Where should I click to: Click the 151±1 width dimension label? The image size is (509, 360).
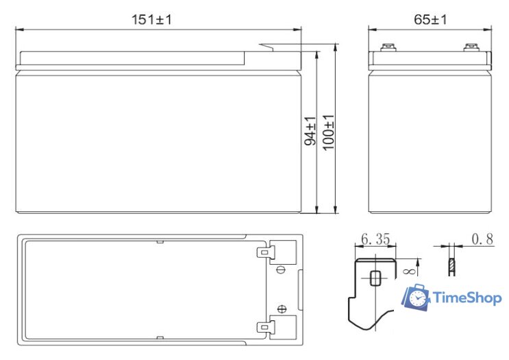(152, 20)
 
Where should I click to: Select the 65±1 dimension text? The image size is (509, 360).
(430, 20)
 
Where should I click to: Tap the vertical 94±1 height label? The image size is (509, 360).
(310, 131)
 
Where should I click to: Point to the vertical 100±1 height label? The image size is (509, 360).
(328, 131)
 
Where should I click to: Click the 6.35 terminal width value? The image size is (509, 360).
(375, 239)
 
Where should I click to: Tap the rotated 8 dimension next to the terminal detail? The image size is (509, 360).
(407, 272)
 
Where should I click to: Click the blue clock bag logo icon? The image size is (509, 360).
(415, 298)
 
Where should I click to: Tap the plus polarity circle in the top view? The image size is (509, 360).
(280, 308)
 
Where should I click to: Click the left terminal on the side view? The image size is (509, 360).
(388, 49)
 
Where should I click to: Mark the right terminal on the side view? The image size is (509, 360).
(471, 49)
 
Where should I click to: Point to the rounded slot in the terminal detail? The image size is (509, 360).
(375, 278)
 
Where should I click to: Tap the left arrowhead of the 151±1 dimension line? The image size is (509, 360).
(18, 29)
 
